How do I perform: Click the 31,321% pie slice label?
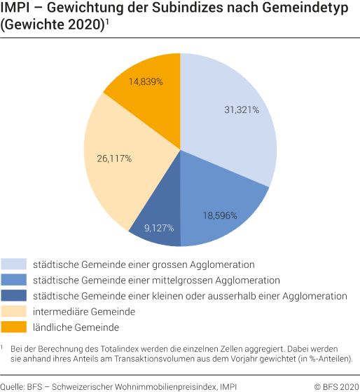pos(241,110)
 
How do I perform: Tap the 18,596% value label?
pos(219,215)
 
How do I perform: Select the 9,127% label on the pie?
pos(158,227)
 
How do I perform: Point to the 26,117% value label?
pos(114,158)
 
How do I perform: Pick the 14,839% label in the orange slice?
pos(146,81)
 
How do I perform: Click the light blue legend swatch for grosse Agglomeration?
pos(14,264)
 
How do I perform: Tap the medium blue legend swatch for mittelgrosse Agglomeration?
pos(14,280)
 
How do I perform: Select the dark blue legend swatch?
pos(14,295)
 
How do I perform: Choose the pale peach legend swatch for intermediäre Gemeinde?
pos(14,311)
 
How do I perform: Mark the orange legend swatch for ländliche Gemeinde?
pos(14,326)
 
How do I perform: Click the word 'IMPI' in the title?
pos(15,10)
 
